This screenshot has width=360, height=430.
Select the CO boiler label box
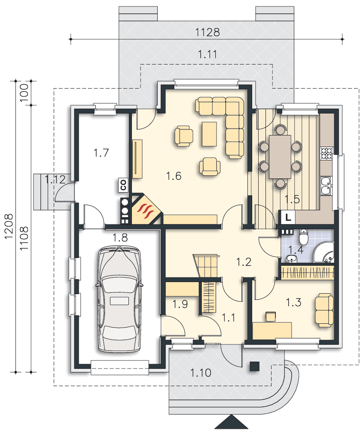pos(123,185)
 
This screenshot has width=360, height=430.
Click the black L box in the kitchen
pos(287,217)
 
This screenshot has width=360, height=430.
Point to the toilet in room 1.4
pos(304,237)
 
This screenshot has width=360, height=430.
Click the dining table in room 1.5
pos(280,157)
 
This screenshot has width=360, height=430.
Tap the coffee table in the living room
pos(209,134)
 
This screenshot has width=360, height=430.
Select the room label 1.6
pos(174,176)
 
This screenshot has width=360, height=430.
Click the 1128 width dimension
pos(207,32)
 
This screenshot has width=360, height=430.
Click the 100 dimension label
pos(24,93)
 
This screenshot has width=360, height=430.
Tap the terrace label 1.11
pos(207,54)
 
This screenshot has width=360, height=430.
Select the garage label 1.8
pos(120,237)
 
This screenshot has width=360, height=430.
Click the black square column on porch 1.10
pos(254,366)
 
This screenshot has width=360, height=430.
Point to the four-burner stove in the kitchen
pos(326,154)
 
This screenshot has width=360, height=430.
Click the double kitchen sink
pos(326,186)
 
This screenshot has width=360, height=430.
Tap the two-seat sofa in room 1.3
pos(324,310)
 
